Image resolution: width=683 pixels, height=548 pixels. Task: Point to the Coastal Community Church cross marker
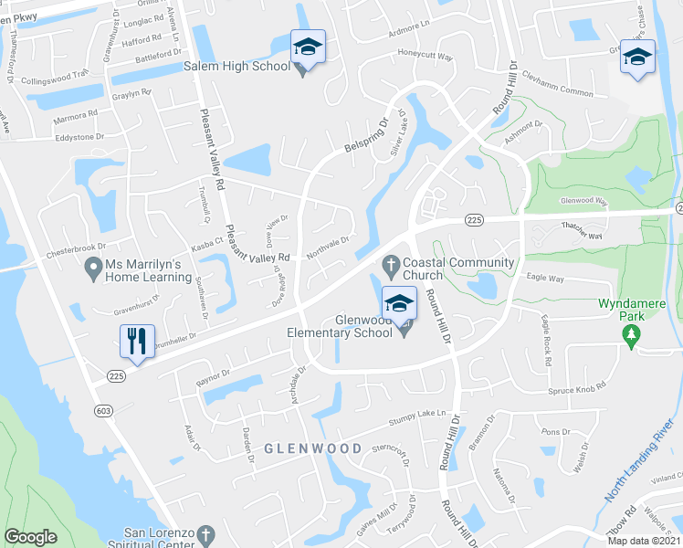(x=391, y=264)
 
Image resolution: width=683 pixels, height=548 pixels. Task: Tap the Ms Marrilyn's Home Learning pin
(x=92, y=269)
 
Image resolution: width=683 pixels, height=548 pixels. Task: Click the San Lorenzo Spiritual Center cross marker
(x=206, y=533)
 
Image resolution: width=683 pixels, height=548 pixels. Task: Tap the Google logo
(x=30, y=537)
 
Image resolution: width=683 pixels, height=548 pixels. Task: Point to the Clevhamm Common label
(x=563, y=92)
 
